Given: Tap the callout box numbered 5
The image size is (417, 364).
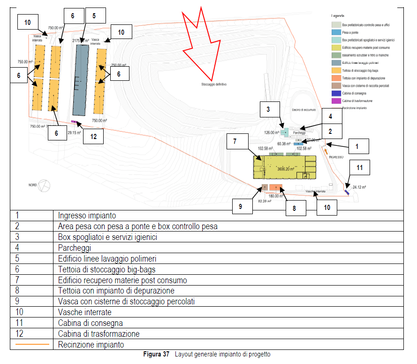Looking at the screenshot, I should pyautogui.click(x=94, y=15).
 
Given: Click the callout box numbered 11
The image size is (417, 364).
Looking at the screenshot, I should pyautogui.click(x=359, y=167).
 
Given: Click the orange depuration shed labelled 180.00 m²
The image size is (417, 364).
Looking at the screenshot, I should pyautogui.click(x=276, y=187).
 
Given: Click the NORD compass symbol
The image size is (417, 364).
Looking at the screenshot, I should pyautogui.click(x=45, y=186).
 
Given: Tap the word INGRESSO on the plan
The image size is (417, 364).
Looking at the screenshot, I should pyautogui.click(x=337, y=157).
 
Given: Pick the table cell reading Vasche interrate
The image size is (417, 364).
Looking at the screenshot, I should pyautogui.click(x=84, y=312).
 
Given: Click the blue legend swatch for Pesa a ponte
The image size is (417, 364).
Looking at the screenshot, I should pyautogui.click(x=335, y=32).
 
